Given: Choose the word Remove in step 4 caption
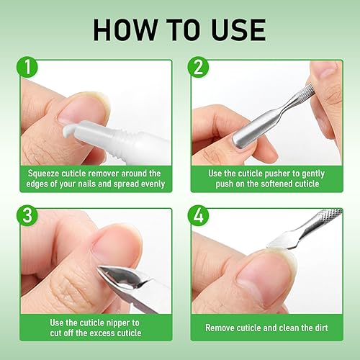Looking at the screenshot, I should [222, 327].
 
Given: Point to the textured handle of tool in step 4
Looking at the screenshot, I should [328, 216].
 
